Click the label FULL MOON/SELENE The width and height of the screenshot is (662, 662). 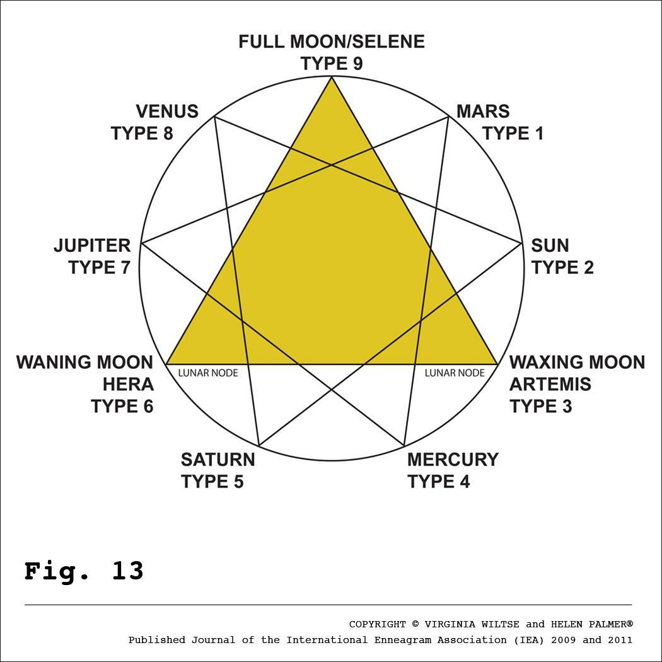point(331,42)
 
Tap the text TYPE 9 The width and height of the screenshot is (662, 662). point(331,64)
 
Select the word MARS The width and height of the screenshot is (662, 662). point(482,112)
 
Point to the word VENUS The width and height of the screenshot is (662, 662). point(167,112)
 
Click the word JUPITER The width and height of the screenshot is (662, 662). point(92,245)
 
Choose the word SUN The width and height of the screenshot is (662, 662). point(550,245)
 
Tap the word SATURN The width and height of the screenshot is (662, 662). point(218,460)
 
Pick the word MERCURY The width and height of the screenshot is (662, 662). point(453,460)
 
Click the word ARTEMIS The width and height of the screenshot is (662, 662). point(550,384)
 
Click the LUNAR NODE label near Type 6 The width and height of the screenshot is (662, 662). point(207,373)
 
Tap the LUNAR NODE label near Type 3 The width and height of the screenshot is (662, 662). point(455,373)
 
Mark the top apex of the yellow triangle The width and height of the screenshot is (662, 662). point(331,77)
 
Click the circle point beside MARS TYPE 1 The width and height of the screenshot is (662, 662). point(448,117)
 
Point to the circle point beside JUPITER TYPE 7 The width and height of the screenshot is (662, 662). point(141,243)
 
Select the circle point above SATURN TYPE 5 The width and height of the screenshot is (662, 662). point(259,446)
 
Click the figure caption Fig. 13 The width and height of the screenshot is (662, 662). point(84,571)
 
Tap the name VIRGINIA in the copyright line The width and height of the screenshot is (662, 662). point(450,625)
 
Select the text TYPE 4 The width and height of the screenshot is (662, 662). point(438,482)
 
